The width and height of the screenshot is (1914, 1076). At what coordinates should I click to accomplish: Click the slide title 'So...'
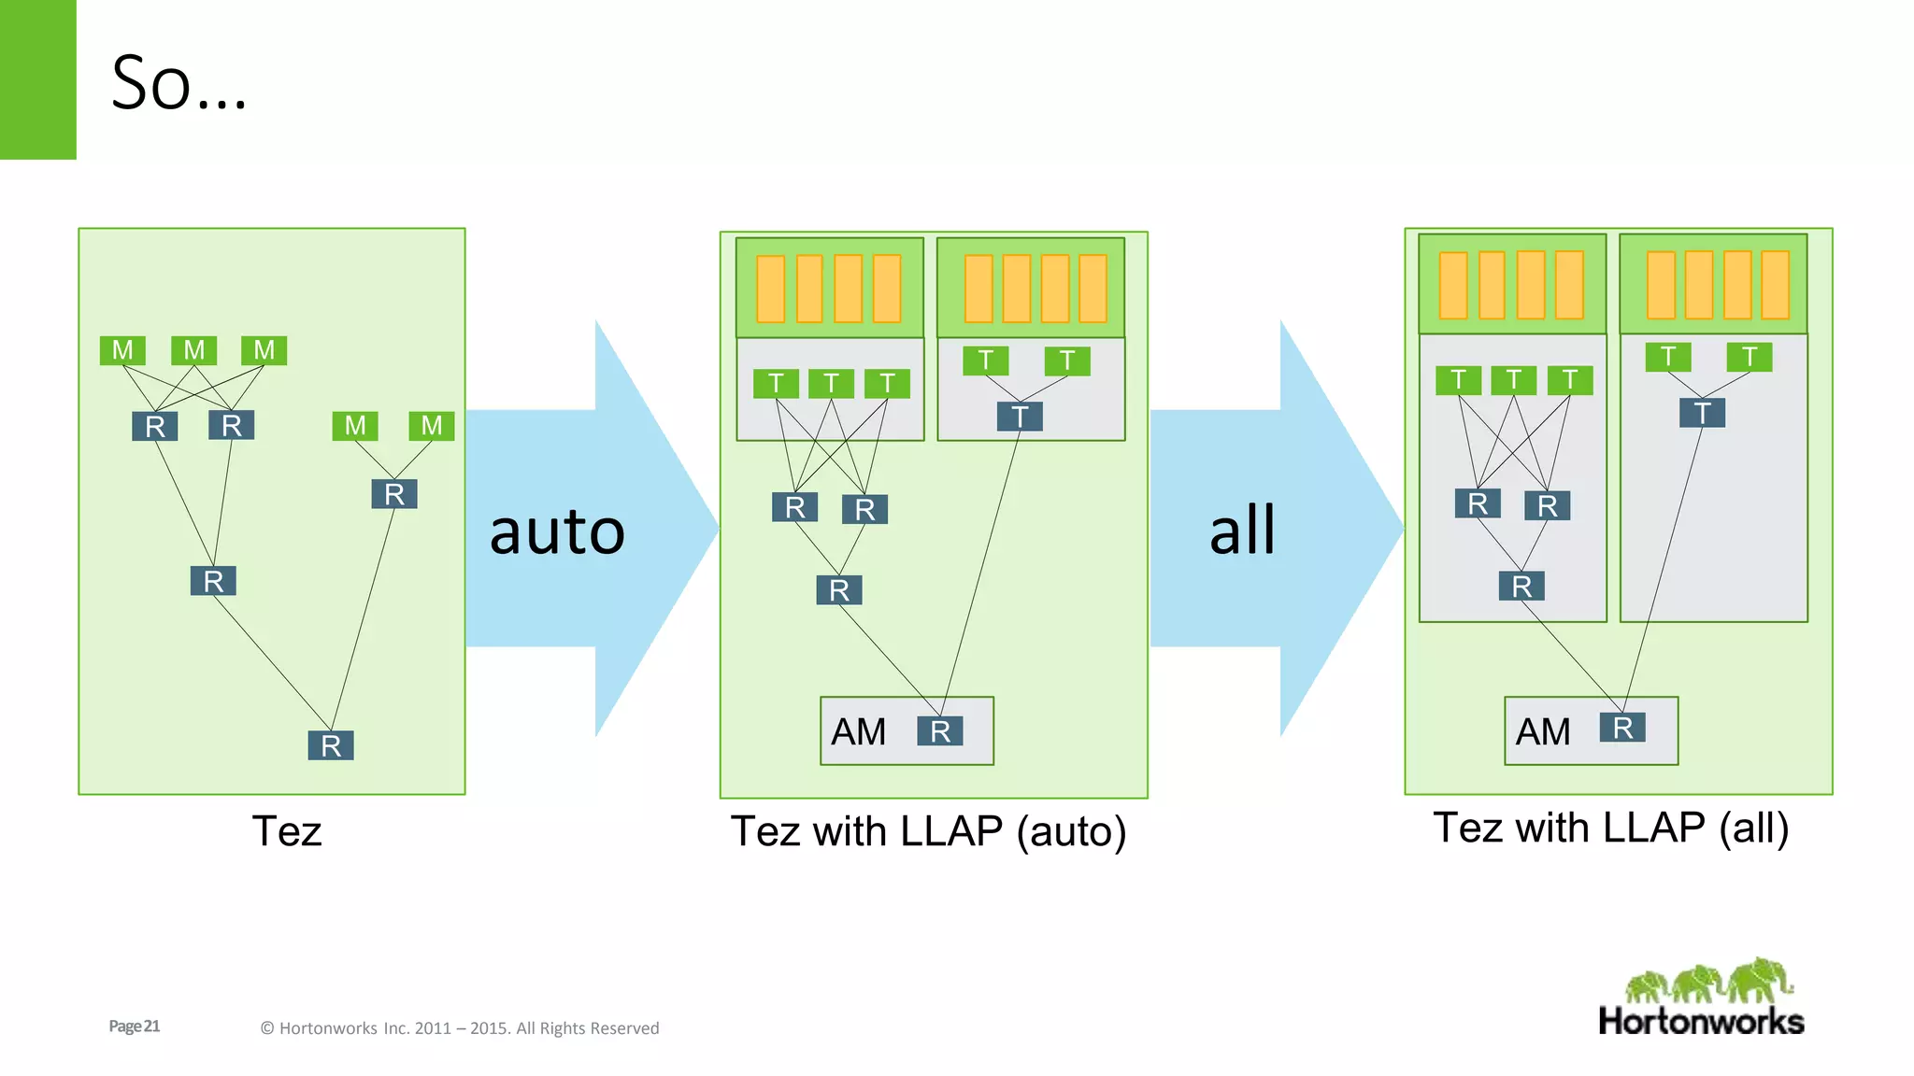click(x=179, y=84)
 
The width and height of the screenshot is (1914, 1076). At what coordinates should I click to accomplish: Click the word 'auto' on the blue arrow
click(x=557, y=531)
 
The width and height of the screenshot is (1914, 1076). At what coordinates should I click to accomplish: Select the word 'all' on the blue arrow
click(x=1242, y=530)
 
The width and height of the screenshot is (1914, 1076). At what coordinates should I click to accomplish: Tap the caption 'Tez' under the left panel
click(x=287, y=831)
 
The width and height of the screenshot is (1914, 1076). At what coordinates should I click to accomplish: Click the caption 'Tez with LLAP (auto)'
click(x=928, y=831)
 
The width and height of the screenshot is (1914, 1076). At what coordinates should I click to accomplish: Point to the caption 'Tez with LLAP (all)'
click(x=1610, y=828)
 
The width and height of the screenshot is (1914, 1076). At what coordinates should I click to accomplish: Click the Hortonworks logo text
click(x=1701, y=1021)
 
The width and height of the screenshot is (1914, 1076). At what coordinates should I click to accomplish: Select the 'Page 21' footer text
click(x=135, y=1026)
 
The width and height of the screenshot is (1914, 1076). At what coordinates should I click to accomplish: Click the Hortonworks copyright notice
click(x=459, y=1028)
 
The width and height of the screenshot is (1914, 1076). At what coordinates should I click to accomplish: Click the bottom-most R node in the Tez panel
click(x=331, y=745)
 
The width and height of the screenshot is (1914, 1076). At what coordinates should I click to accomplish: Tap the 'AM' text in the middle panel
click(x=858, y=732)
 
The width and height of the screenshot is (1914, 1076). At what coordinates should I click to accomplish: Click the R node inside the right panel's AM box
click(x=1622, y=728)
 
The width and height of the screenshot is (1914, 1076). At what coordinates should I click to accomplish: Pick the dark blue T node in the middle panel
click(x=1020, y=417)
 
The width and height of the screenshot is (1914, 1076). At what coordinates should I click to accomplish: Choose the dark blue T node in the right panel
click(x=1702, y=413)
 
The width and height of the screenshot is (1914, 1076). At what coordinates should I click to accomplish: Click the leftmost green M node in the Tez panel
click(x=122, y=350)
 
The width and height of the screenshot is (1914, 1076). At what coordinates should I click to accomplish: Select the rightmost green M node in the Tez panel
click(x=432, y=426)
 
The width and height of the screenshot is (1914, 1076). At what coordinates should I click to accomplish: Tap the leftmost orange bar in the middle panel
click(x=770, y=289)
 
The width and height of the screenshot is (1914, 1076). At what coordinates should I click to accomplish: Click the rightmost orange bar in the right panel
click(x=1775, y=285)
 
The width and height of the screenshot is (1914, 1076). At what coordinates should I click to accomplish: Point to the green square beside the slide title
click(x=37, y=79)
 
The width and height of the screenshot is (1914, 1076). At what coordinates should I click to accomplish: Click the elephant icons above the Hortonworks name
click(x=1708, y=981)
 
